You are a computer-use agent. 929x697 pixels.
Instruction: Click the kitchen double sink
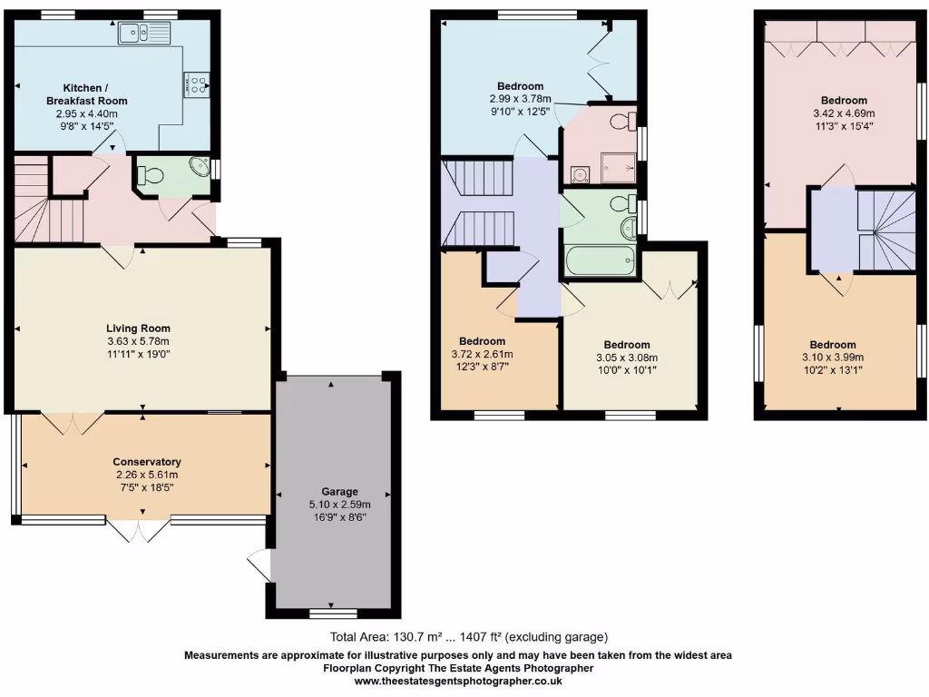tap(144, 34)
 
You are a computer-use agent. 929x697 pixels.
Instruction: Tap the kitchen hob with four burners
tap(195, 84)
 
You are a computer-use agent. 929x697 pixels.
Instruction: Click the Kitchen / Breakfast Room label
tap(87, 94)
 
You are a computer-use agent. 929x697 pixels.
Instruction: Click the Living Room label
tap(138, 329)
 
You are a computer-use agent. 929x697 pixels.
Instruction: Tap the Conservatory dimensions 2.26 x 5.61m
tap(146, 475)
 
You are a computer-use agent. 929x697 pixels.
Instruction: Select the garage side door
tap(260, 566)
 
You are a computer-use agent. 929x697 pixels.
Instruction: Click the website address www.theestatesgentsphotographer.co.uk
tap(458, 681)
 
